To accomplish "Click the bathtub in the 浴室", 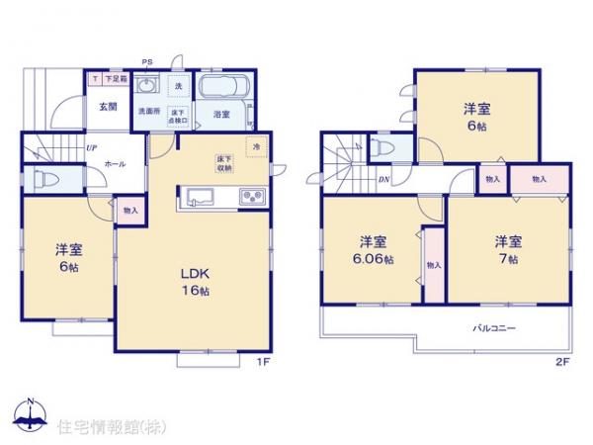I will coord(223,86).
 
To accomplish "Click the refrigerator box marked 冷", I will coord(254,148).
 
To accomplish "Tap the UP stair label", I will coord(91,147).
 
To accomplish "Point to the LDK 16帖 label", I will coord(193,283).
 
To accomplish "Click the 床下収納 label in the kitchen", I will coord(224,162).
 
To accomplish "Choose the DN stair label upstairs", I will coord(384,179).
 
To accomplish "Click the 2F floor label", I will coord(560,362).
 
